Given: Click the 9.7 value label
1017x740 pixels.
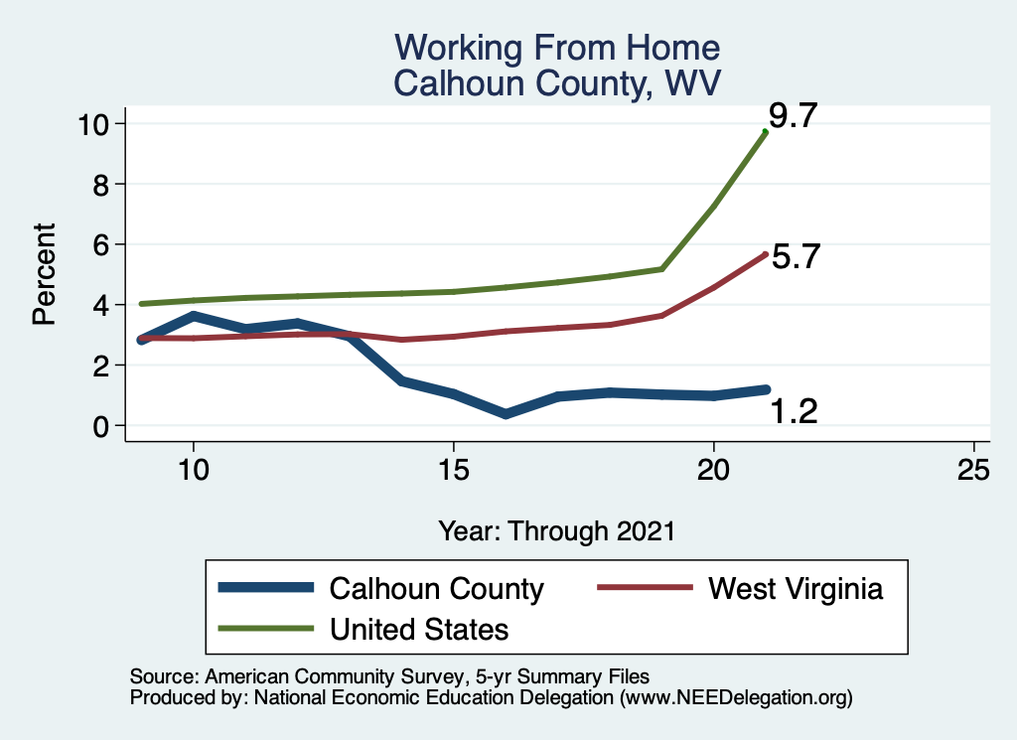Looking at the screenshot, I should [793, 116].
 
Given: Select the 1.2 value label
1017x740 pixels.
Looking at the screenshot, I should [794, 410].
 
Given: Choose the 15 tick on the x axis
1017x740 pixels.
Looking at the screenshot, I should [454, 469].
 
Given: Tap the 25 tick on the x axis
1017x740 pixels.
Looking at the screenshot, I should [974, 469].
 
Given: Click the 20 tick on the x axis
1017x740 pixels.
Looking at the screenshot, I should [714, 469].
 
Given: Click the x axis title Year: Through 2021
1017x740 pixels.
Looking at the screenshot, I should [556, 530].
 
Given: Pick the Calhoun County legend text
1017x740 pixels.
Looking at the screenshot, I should [436, 589].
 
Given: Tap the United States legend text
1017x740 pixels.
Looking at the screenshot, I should [418, 629].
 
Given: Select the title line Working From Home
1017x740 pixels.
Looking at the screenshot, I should [556, 48].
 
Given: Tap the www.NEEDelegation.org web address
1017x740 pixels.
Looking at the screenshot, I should [736, 698].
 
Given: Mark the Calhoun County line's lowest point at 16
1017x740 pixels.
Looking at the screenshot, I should [506, 413].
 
